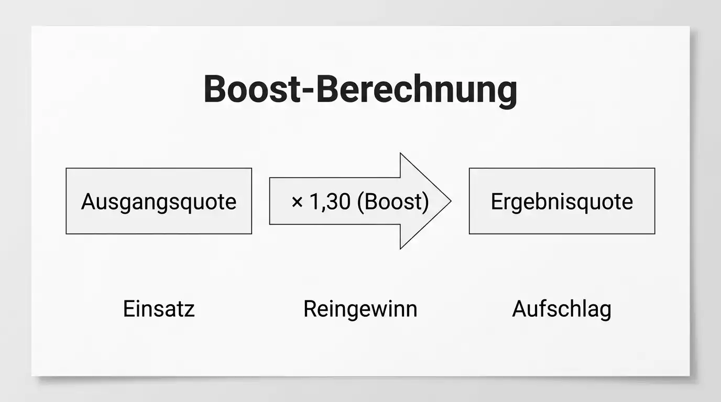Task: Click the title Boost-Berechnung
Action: (x=360, y=90)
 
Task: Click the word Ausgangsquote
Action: (x=159, y=202)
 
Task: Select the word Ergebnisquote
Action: (x=562, y=202)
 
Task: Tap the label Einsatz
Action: (x=159, y=309)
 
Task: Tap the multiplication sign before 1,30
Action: (x=297, y=202)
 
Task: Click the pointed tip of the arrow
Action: (x=451, y=201)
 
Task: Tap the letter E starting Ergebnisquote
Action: (x=497, y=202)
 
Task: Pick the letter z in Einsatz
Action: (x=190, y=311)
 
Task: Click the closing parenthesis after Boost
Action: (x=426, y=203)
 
